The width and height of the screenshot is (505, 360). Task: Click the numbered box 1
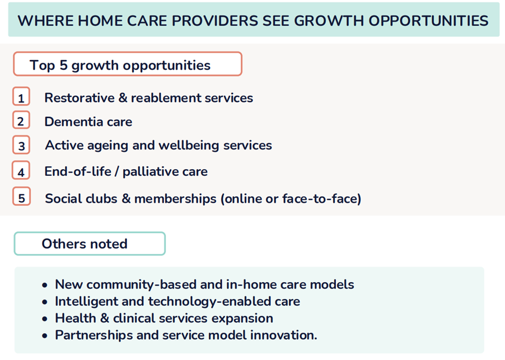click(21, 96)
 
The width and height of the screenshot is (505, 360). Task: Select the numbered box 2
click(21, 120)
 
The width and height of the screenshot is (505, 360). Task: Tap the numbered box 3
click(21, 145)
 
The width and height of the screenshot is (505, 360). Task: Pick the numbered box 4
click(21, 170)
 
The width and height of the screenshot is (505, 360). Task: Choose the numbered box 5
click(22, 196)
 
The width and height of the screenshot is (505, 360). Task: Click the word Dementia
click(73, 121)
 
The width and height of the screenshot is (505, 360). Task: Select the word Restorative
click(80, 98)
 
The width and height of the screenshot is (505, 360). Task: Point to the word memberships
click(175, 199)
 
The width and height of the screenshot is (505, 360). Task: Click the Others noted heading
click(85, 244)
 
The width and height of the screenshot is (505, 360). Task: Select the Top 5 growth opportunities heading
click(120, 66)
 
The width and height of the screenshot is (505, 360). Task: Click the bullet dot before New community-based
click(45, 285)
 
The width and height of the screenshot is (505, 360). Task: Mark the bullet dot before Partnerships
click(45, 336)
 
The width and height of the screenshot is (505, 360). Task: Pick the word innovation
click(284, 335)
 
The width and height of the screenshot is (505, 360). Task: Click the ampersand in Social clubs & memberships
click(126, 199)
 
